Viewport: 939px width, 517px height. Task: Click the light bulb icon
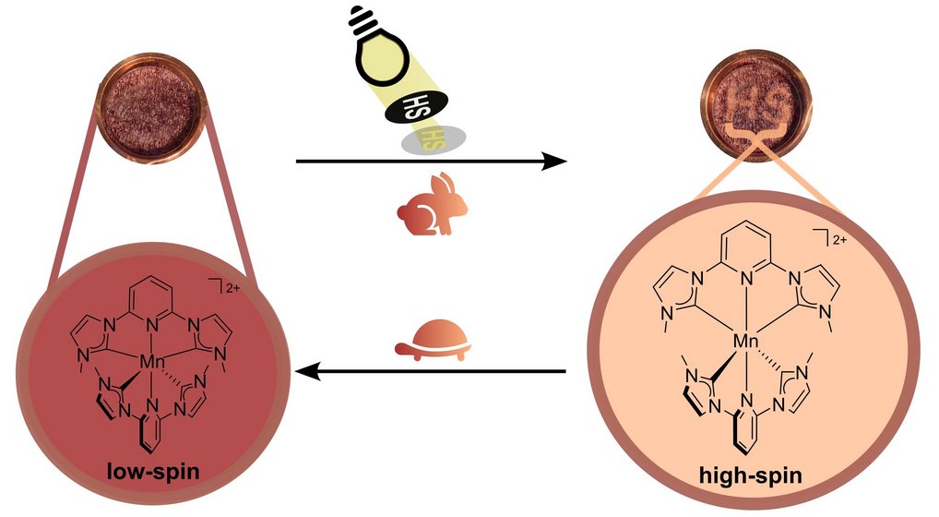pyautogui.click(x=377, y=51)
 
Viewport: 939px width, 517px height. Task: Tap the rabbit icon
pyautogui.click(x=433, y=203)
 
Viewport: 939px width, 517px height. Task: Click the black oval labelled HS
pyautogui.click(x=414, y=108)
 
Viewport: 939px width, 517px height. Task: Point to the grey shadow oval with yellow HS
pyautogui.click(x=434, y=139)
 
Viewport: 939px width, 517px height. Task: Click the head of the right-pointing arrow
pyautogui.click(x=554, y=162)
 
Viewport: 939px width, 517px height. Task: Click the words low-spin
pyautogui.click(x=153, y=471)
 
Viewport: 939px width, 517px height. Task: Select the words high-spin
pyautogui.click(x=750, y=475)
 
